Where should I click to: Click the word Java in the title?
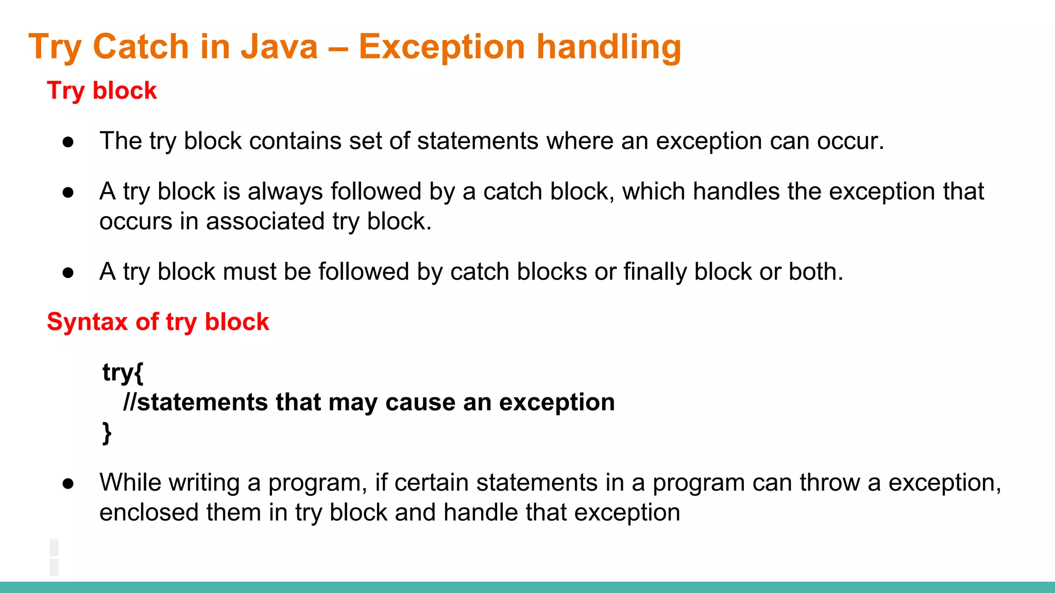coord(279,47)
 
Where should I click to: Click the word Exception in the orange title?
coord(441,47)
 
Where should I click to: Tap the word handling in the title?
coord(609,47)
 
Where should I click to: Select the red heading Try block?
coord(101,91)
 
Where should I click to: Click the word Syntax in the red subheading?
coord(87,322)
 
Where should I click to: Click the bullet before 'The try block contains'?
coord(68,142)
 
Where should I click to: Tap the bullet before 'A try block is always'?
coord(68,193)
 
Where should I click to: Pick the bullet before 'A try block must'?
coord(68,273)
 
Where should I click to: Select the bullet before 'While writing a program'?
coord(68,484)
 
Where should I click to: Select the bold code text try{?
coord(123,372)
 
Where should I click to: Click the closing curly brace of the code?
coord(107,432)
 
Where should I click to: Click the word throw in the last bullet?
coord(829,483)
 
